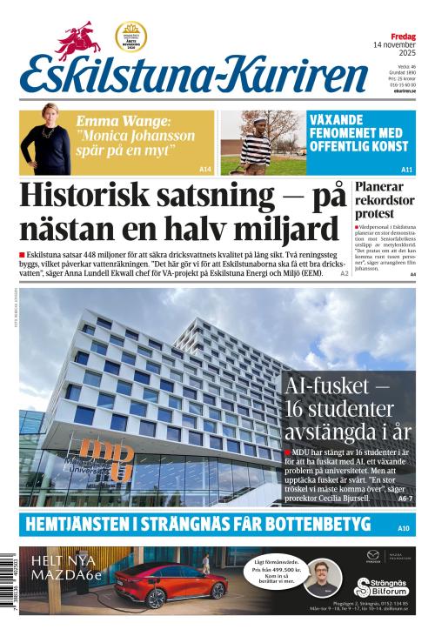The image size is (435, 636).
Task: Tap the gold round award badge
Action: [130, 37]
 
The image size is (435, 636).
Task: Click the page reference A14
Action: [205, 169]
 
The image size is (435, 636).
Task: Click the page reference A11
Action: [406, 169]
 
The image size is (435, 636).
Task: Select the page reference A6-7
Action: [405, 499]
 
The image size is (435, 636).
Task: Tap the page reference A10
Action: [403, 528]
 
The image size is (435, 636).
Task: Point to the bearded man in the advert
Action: [323, 576]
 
